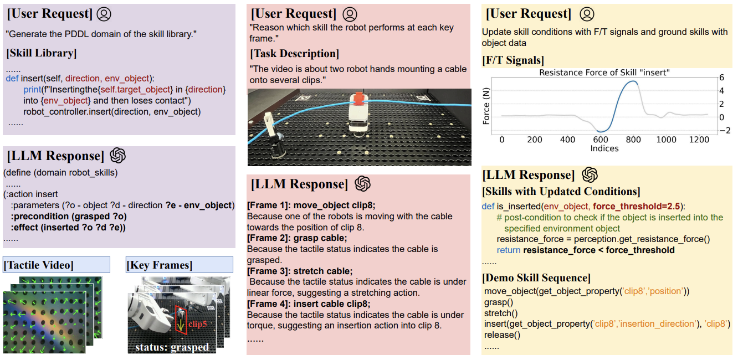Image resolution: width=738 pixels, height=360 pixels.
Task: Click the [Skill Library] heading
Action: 42,53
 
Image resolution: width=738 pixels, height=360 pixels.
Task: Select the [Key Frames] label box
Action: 160,265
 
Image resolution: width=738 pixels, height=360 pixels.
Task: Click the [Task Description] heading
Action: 294,54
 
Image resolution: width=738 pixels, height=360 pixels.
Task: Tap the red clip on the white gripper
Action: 358,99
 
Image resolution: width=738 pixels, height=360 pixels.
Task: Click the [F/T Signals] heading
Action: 513,60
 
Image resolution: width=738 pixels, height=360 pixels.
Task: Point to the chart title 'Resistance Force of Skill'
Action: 604,73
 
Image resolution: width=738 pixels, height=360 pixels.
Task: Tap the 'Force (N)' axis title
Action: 486,106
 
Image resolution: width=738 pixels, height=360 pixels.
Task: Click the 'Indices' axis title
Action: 604,148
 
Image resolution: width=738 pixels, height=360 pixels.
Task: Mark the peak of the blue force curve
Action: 632,81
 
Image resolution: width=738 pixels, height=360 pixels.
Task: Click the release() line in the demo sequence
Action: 501,335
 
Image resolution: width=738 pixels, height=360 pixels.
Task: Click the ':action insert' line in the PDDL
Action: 31,194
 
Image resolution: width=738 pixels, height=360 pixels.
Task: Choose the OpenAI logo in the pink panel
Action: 362,184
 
